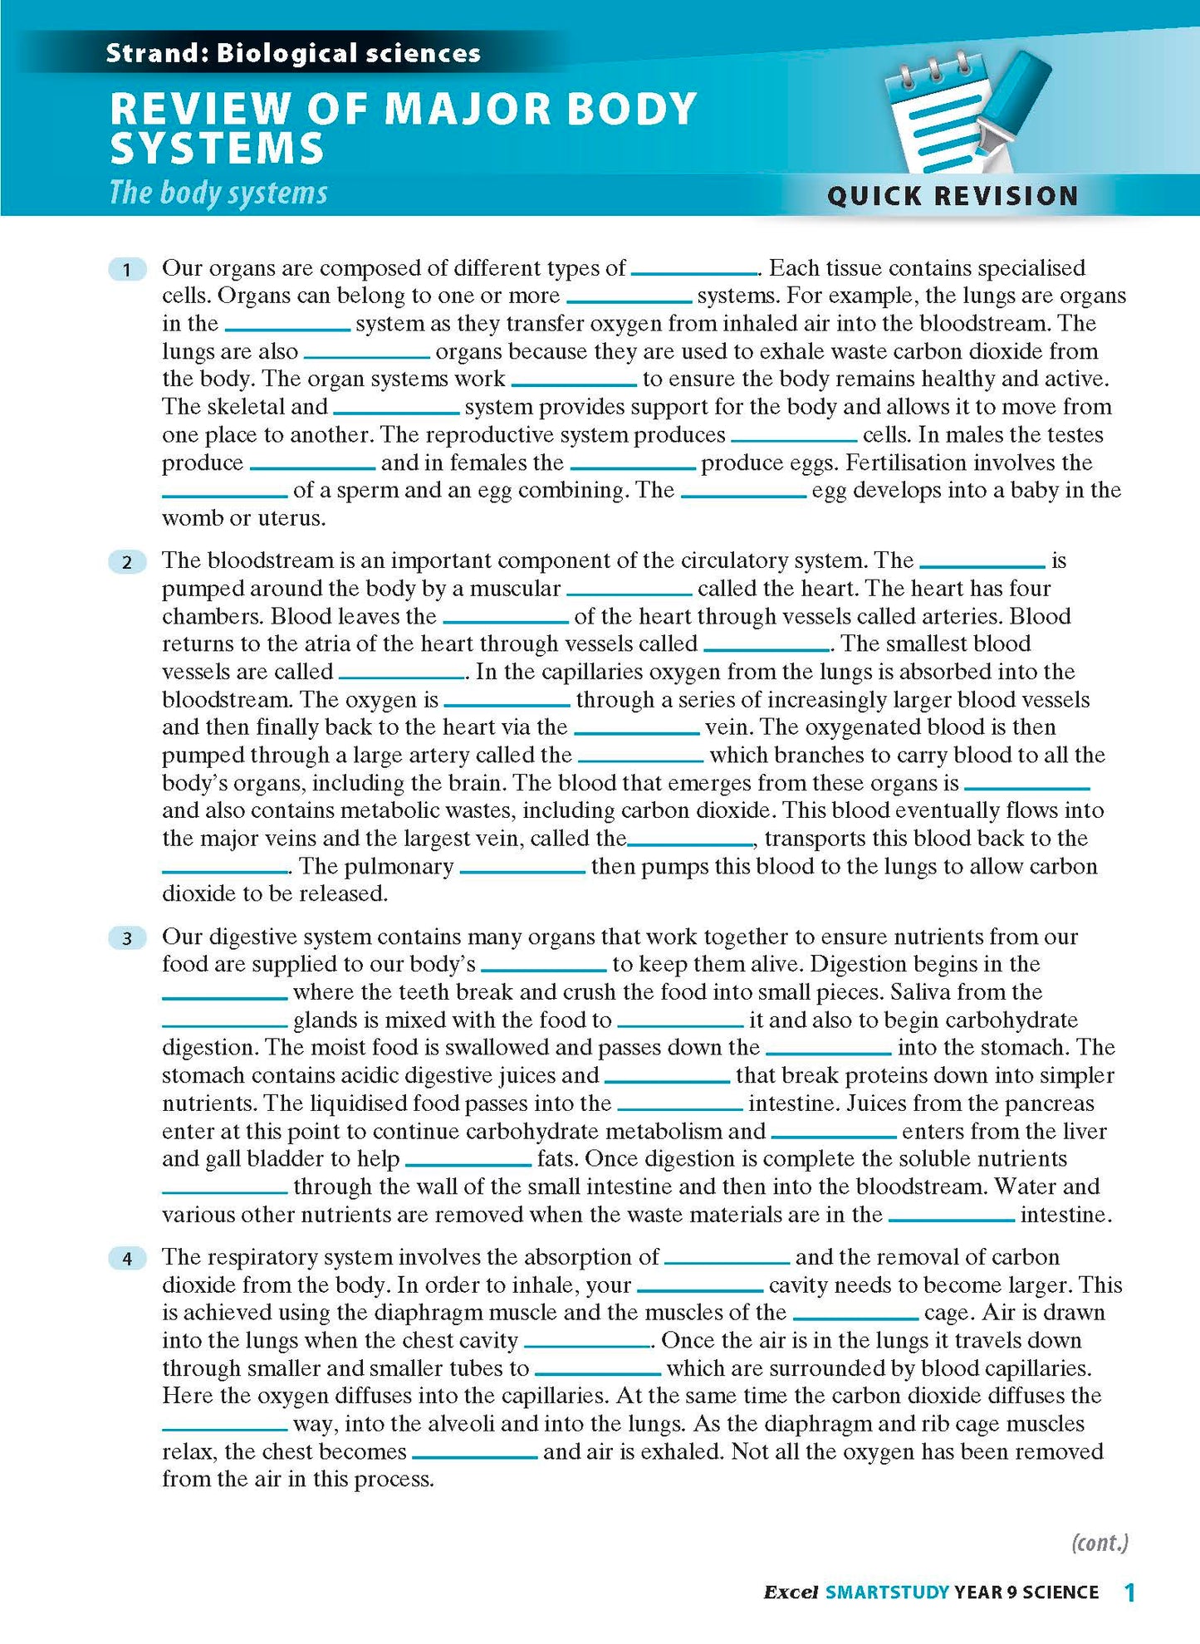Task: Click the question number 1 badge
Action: pos(127,269)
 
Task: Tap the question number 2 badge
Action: pos(127,562)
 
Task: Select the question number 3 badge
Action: pos(127,938)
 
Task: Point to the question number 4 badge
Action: pos(127,1259)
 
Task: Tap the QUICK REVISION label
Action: pos(953,196)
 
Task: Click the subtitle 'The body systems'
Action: pos(218,193)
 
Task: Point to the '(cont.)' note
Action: pos(1100,1543)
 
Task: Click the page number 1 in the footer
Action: pos(1129,1592)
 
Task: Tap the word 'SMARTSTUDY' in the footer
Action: pos(887,1593)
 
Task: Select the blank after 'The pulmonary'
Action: pos(522,868)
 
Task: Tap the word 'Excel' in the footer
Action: pos(791,1593)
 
